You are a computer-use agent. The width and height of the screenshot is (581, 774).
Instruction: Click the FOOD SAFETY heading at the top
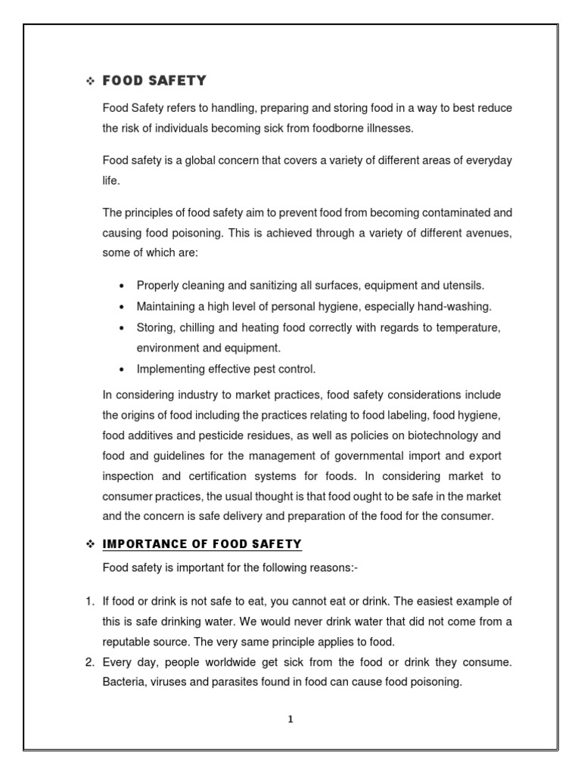pyautogui.click(x=154, y=81)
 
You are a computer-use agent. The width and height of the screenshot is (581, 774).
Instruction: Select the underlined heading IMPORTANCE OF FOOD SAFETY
pyautogui.click(x=201, y=543)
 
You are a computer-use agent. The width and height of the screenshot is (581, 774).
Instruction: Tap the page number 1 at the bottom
pyautogui.click(x=290, y=719)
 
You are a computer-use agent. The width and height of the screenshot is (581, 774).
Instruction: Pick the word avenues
pyautogui.click(x=489, y=234)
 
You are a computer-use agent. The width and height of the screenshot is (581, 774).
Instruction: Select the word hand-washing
pyautogui.click(x=452, y=306)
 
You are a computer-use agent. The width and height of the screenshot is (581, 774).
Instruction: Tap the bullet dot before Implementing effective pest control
pyautogui.click(x=122, y=370)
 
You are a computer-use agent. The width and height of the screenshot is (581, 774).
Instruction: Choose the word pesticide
pyautogui.click(x=219, y=435)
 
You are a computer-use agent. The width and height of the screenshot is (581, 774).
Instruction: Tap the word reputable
pyautogui.click(x=129, y=642)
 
